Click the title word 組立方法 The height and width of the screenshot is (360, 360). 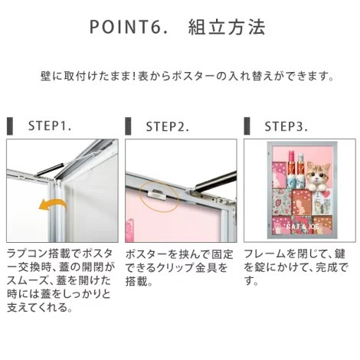point(227,27)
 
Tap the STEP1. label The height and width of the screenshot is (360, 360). point(50,126)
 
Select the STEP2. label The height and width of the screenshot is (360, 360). point(167,126)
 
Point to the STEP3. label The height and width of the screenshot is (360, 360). point(286,126)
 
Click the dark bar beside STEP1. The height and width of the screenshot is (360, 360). point(10,126)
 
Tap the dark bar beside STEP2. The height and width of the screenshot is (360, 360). point(128,126)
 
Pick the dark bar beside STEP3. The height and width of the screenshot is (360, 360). point(247,126)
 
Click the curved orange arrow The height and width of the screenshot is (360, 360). point(52,204)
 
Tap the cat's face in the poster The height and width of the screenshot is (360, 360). point(319,172)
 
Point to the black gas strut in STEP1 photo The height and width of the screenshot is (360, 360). point(50,169)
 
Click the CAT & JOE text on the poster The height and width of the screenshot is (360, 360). point(303,227)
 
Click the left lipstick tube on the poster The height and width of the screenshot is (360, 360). point(291,169)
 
